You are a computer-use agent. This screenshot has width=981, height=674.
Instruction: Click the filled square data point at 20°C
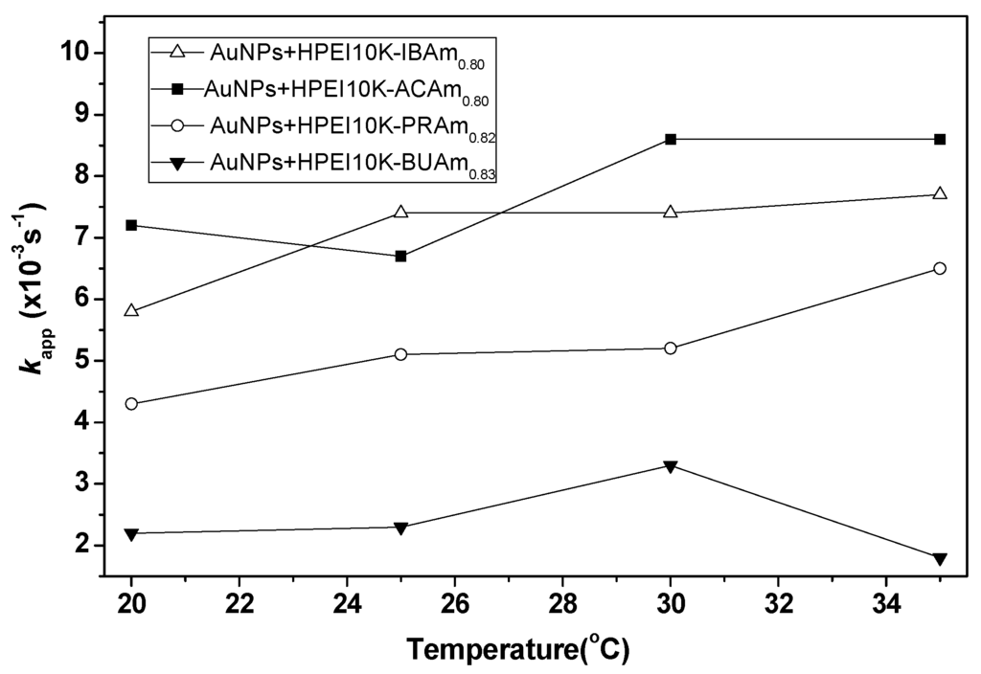coord(131,225)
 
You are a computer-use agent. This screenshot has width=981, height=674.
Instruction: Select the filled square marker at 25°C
coord(401,256)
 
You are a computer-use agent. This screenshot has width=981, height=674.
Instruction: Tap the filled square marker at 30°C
coord(671,139)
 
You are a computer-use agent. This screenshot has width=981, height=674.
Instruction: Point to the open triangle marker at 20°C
coord(131,310)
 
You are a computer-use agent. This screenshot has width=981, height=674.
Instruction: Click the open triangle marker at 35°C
coord(940,193)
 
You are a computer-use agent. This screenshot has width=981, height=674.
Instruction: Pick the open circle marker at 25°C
coord(401,354)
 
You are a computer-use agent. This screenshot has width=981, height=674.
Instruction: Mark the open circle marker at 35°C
coord(940,268)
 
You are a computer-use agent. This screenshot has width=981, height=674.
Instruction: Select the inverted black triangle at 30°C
coord(671,466)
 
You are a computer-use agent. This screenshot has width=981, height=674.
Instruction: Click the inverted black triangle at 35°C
coord(940,558)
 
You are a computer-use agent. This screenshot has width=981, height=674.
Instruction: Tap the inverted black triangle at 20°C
coord(131,533)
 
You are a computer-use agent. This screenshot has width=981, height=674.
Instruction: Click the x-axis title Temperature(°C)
coord(517,650)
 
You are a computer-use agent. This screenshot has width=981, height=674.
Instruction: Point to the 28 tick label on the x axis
coord(562,607)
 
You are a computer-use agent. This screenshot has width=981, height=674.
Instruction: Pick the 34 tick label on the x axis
coord(886,607)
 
